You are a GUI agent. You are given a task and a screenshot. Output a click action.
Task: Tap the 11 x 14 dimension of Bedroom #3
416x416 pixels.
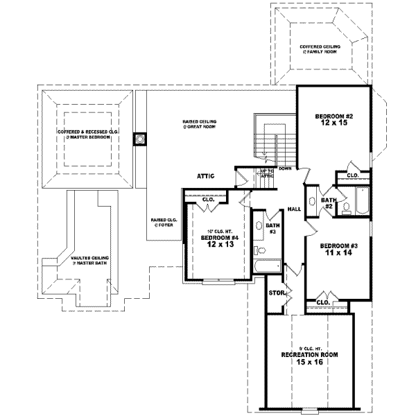tap(338, 254)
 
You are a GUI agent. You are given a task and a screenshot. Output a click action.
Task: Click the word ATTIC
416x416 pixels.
tap(206, 176)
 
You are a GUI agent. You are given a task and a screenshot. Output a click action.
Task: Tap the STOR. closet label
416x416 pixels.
tap(277, 293)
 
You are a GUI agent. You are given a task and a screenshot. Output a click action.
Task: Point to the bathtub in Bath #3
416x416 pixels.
tap(267, 266)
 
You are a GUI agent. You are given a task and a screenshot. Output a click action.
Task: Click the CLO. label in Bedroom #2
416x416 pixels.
tap(352, 175)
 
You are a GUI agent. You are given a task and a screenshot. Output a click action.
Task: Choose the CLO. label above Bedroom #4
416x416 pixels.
tap(209, 200)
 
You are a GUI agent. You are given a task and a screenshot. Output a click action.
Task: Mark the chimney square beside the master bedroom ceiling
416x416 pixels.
tap(139, 139)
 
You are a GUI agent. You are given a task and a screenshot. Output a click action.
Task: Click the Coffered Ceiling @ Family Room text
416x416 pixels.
tap(320, 49)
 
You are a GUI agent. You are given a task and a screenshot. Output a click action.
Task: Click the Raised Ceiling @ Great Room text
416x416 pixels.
tap(200, 124)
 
